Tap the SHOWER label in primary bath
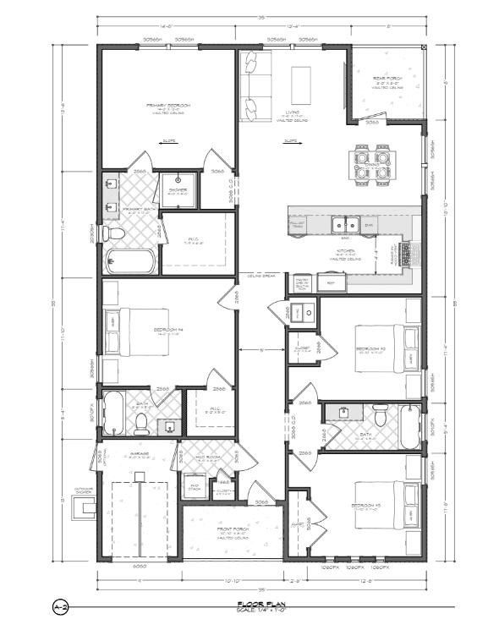click(x=178, y=189)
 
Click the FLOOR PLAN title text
click(x=253, y=605)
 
